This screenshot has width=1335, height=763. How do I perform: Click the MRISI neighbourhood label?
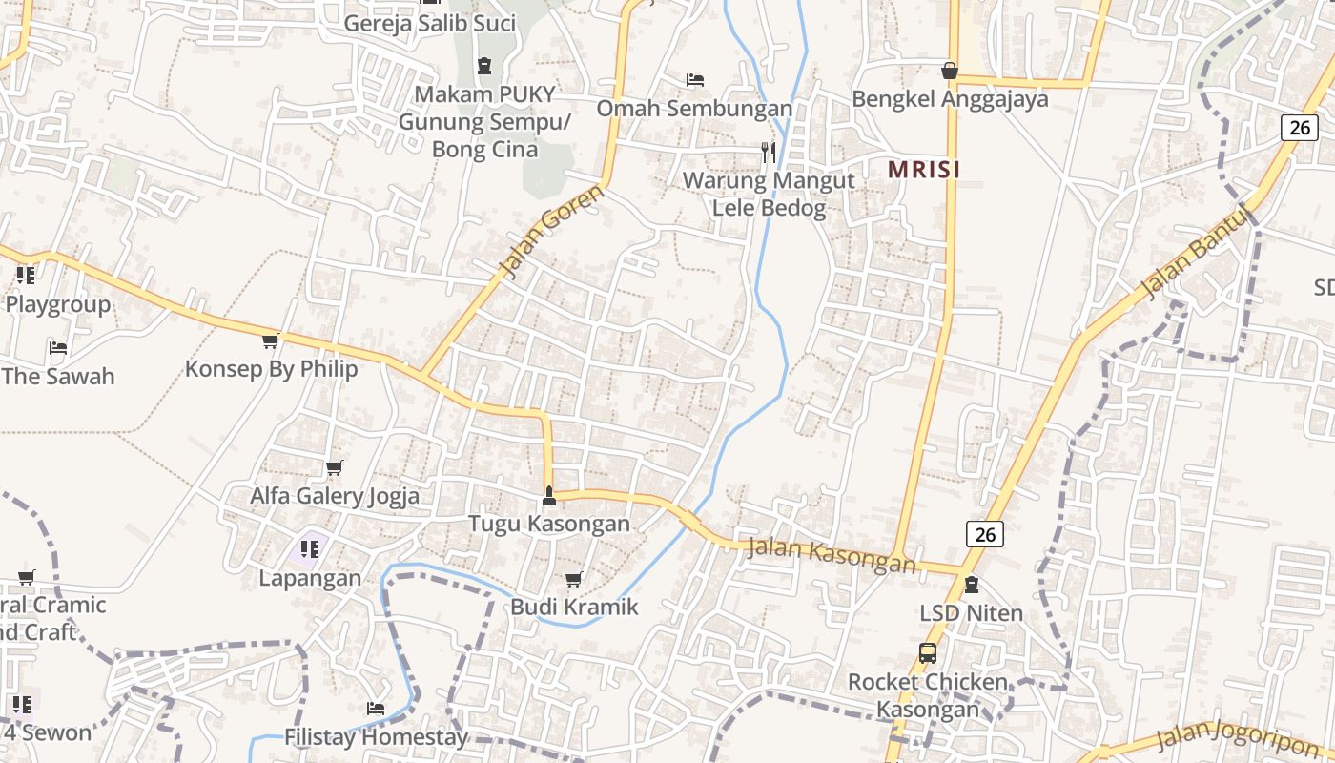(923, 170)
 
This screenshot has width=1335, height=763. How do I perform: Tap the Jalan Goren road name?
(552, 232)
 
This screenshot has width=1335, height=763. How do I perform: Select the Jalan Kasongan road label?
(832, 556)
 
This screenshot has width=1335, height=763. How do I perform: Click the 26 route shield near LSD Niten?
(985, 534)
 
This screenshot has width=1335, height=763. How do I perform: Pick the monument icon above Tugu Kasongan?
(548, 495)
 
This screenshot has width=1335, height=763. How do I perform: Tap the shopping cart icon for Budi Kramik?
(573, 580)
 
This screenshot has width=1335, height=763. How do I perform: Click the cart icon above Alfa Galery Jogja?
(334, 468)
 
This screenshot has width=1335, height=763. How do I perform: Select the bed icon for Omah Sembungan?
(695, 80)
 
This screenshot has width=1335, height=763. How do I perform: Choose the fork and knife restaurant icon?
(769, 152)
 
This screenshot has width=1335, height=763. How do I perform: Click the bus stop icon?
(927, 653)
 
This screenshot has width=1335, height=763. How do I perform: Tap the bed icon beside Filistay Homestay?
(376, 709)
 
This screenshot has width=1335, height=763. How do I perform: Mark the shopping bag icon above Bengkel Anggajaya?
(950, 71)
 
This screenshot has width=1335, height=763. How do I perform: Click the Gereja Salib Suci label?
(429, 24)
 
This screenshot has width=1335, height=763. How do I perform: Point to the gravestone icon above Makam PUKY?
(484, 66)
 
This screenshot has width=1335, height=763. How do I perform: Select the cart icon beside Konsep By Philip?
(271, 340)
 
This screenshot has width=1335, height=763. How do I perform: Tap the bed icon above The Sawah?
(58, 348)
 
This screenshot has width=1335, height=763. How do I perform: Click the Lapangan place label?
(311, 578)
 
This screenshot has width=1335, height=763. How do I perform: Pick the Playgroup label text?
(58, 305)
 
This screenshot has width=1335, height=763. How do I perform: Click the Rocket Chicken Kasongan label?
(928, 695)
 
